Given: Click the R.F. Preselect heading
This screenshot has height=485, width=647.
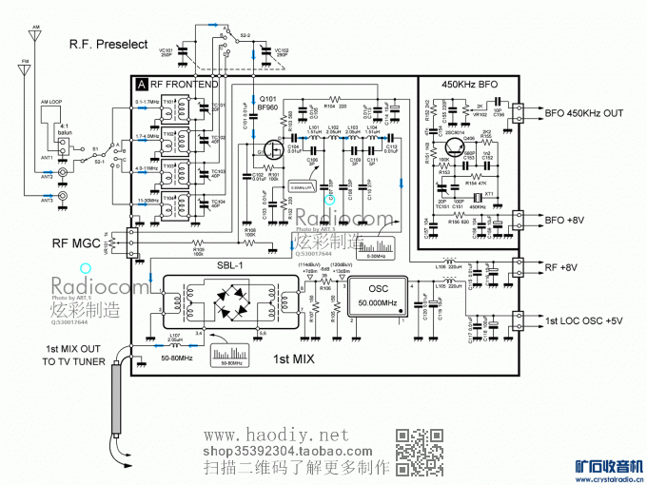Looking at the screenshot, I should point(108,44).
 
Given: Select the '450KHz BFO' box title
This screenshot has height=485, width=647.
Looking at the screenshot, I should point(469,84).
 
